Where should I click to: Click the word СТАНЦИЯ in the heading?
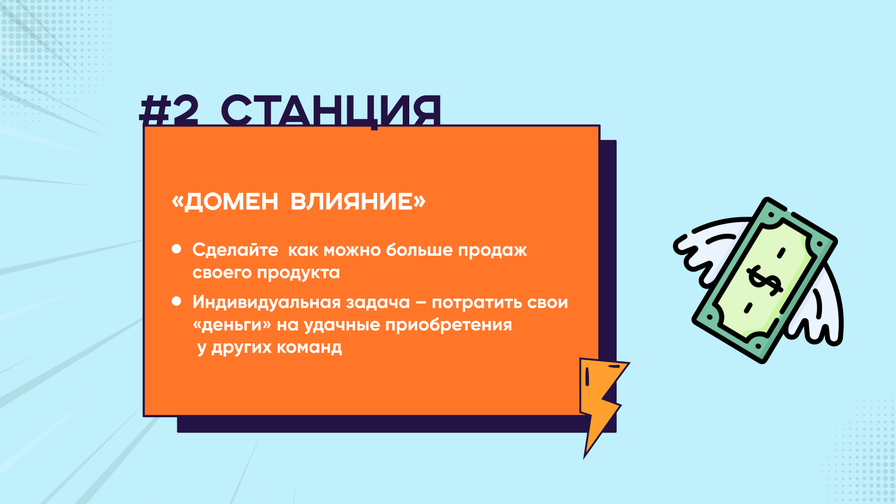point(331,111)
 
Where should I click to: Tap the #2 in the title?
point(169,111)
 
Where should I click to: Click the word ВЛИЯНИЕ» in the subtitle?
point(358,202)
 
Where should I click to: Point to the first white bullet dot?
point(176,249)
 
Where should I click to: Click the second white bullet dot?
point(176,301)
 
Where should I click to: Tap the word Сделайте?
point(235,250)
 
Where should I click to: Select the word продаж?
point(492,251)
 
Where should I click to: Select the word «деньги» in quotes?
point(232,325)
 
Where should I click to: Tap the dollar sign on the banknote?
point(764,280)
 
